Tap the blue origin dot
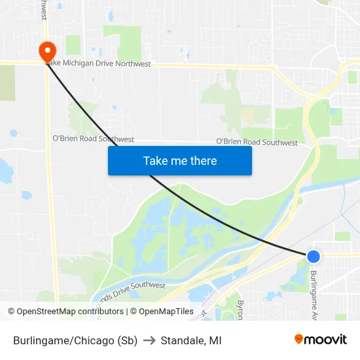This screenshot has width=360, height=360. point(314,257)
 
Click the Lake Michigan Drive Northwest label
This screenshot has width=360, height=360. point(98,64)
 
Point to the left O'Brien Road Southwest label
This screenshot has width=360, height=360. point(93,139)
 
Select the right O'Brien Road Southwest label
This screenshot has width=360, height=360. point(257,142)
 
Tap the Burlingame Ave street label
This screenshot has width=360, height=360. point(314,295)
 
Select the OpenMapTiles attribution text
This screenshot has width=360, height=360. point(162,312)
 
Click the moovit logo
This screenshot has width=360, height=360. point(320,340)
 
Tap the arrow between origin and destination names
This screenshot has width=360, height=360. point(149,340)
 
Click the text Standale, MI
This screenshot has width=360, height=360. point(191,340)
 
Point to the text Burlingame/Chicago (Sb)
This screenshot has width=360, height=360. point(75,340)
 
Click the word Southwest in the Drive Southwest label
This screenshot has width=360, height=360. point(148,285)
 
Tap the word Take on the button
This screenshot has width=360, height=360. point(156,160)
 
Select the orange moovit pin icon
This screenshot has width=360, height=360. point(298,339)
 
